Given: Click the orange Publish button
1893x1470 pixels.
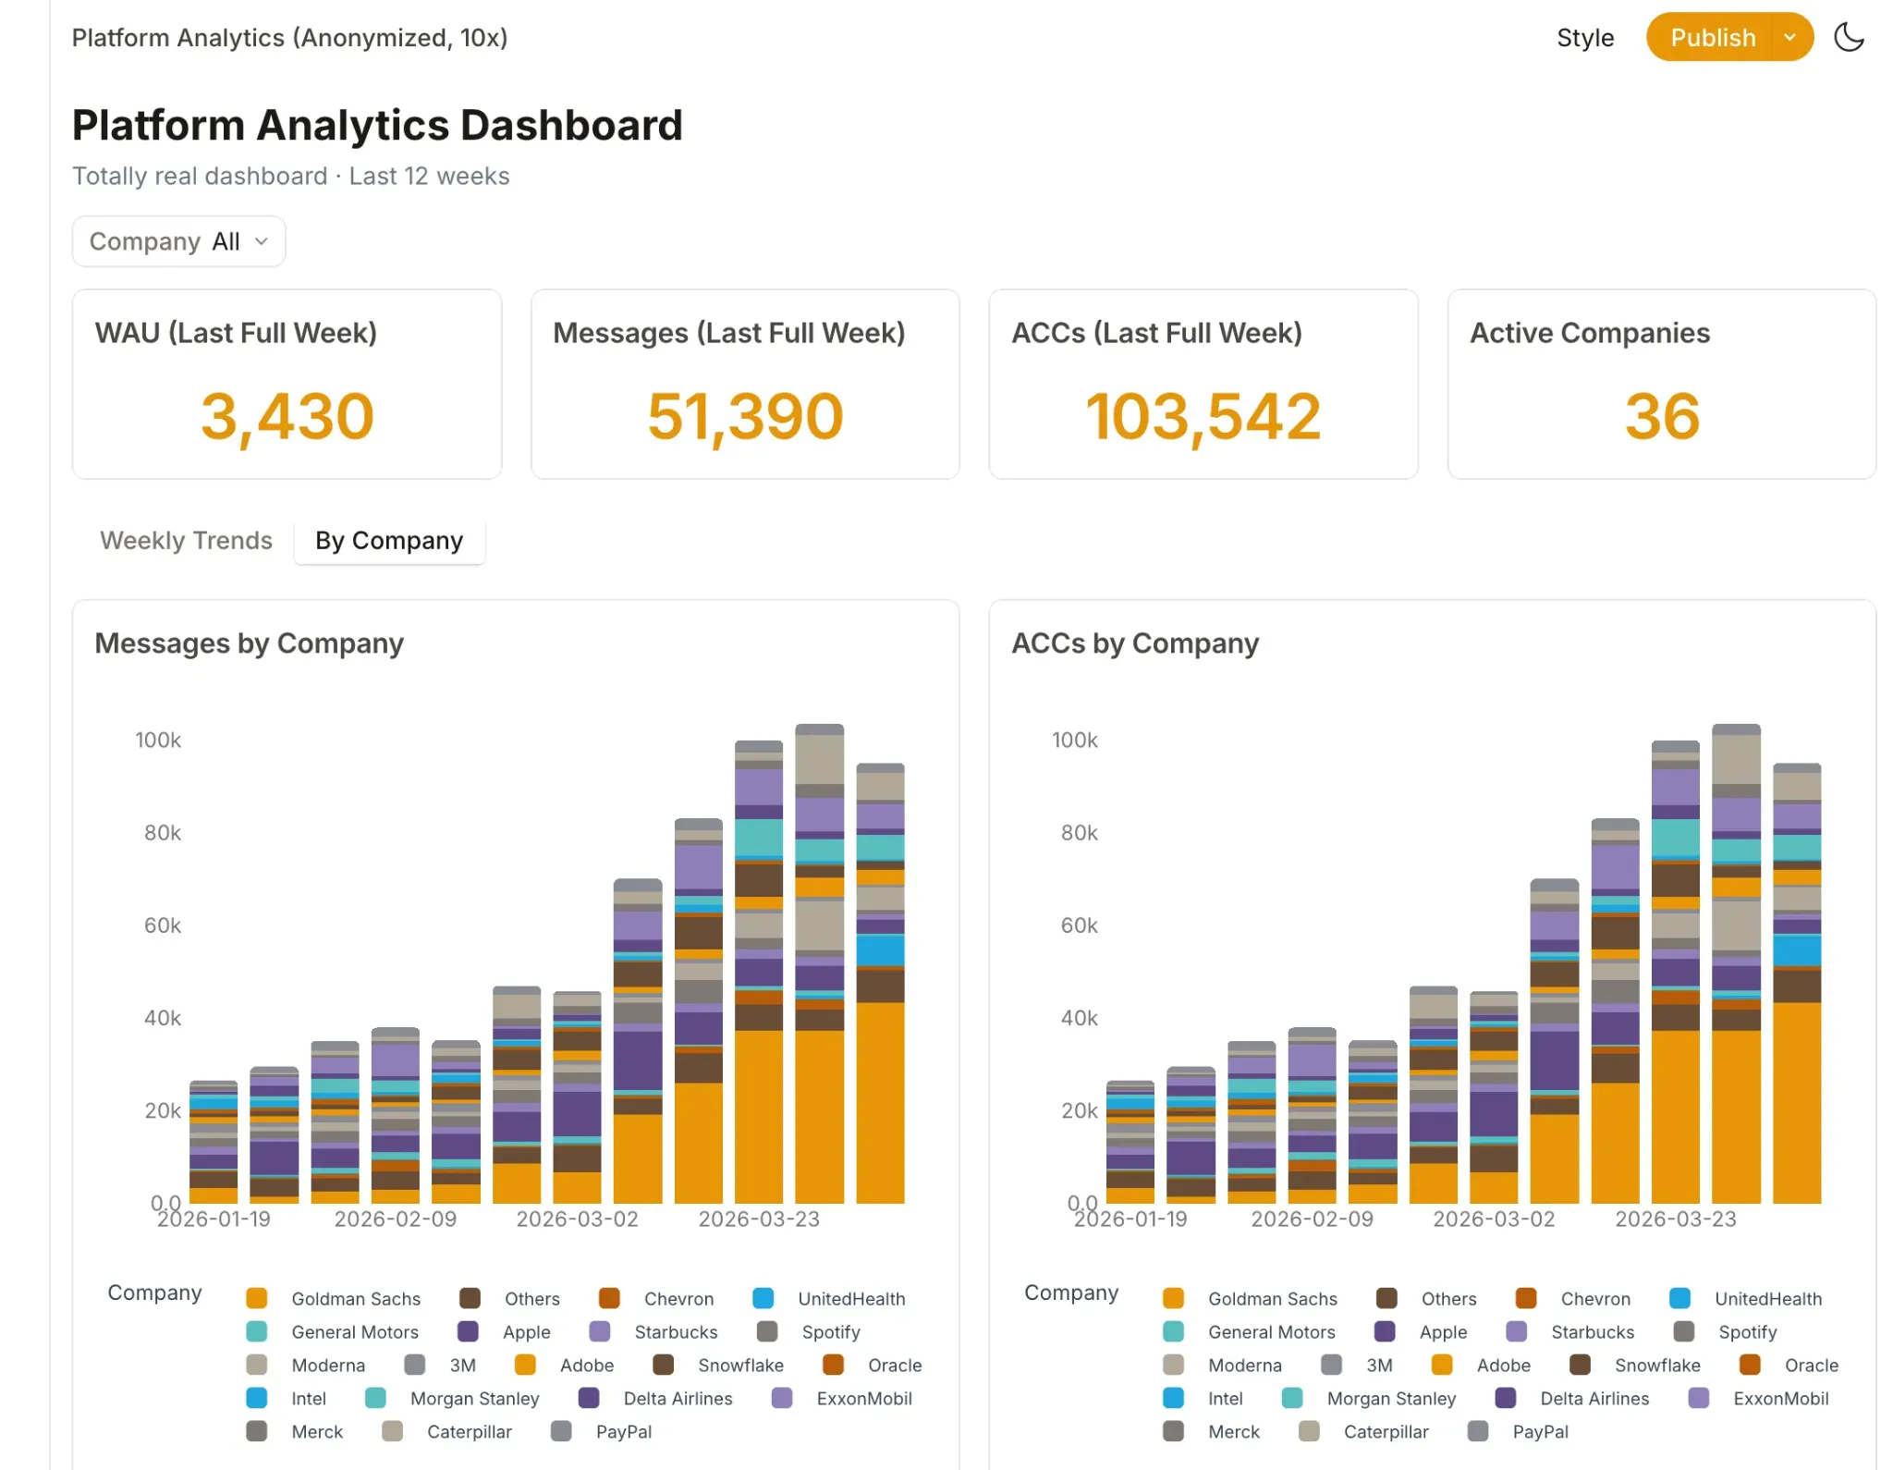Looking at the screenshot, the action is pyautogui.click(x=1712, y=38).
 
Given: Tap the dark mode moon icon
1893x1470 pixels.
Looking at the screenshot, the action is pyautogui.click(x=1849, y=38).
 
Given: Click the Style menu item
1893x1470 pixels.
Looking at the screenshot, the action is pyautogui.click(x=1585, y=38).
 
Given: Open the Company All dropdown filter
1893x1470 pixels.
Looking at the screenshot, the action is pyautogui.click(x=179, y=241).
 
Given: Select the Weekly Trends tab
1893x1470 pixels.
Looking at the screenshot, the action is pyautogui.click(x=186, y=541).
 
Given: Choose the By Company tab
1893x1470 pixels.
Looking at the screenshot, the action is pyautogui.click(x=389, y=541).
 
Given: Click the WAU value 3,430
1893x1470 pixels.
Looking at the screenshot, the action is pyautogui.click(x=287, y=417).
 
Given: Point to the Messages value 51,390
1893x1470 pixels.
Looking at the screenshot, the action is pyautogui.click(x=745, y=417).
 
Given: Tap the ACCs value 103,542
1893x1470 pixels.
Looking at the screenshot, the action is pyautogui.click(x=1203, y=417).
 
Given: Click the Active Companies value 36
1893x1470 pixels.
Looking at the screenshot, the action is pyautogui.click(x=1662, y=417).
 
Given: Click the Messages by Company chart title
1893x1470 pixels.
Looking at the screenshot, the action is pyautogui.click(x=250, y=643).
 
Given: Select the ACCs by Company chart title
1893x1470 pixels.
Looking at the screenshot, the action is pyautogui.click(x=1135, y=643).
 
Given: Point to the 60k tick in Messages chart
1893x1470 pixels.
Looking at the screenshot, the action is pyautogui.click(x=163, y=925).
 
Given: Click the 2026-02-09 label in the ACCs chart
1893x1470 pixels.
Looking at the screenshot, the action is pyautogui.click(x=1312, y=1219).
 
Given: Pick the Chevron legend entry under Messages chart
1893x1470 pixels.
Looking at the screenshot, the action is pyautogui.click(x=657, y=1299).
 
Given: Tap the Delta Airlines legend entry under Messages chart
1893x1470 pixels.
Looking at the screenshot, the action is pyautogui.click(x=656, y=1399).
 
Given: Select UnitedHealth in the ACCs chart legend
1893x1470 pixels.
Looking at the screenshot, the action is pyautogui.click(x=1747, y=1299).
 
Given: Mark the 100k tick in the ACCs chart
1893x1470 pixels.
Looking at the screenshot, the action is pyautogui.click(x=1075, y=741).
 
